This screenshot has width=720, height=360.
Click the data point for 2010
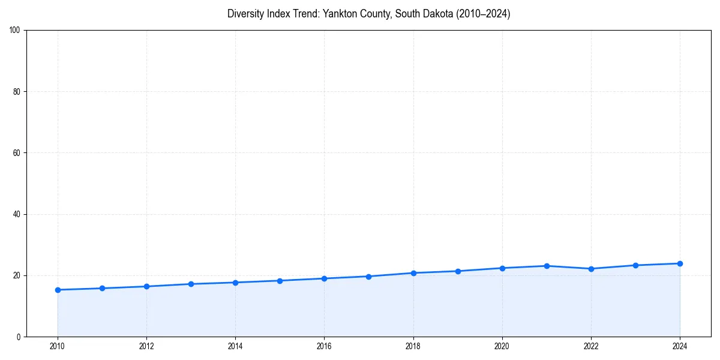coord(58,290)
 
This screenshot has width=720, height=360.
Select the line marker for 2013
coord(191,284)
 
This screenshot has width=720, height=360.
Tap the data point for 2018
coord(413,273)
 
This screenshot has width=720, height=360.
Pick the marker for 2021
coord(547,266)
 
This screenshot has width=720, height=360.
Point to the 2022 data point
coord(591,269)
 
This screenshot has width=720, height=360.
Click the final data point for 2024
coord(680,263)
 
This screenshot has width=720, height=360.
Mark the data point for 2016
coord(324,278)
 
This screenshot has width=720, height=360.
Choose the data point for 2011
coord(102,288)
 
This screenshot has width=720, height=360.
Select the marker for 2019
coord(458,271)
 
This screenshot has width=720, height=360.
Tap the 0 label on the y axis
coord(19,337)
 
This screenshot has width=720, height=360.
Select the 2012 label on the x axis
coord(146,346)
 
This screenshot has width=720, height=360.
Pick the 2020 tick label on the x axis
coord(502,346)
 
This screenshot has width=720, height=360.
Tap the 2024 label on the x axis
coord(680,346)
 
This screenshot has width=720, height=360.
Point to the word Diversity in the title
coord(247,14)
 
